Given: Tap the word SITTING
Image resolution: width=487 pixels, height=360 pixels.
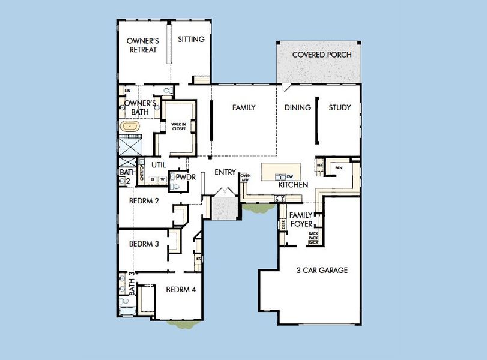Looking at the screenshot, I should tap(192, 40).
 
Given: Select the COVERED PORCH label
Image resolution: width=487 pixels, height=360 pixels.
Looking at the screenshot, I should tap(322, 55).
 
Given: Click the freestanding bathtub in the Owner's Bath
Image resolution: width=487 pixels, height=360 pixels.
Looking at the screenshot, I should tap(129, 127).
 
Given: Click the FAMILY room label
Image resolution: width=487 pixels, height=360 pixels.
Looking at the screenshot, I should tap(244, 108).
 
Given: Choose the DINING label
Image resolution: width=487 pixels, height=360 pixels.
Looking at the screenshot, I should tap(298, 108).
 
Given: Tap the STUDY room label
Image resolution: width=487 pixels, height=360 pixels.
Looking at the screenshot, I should tap(340, 108).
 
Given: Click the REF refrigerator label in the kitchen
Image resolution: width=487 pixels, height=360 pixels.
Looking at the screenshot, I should tap(320, 165).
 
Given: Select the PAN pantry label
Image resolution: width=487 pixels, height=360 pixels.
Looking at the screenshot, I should tap(339, 168).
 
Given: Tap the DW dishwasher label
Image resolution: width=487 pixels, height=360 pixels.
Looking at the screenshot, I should tap(289, 176).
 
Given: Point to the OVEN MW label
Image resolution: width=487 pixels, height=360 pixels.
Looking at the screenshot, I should tap(245, 177).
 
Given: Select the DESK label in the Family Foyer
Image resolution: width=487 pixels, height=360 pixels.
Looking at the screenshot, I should tap(283, 225).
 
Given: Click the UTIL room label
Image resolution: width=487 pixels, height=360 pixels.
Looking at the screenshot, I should tap(159, 164).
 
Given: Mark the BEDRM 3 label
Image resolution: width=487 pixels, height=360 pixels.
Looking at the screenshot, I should tap(144, 244).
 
